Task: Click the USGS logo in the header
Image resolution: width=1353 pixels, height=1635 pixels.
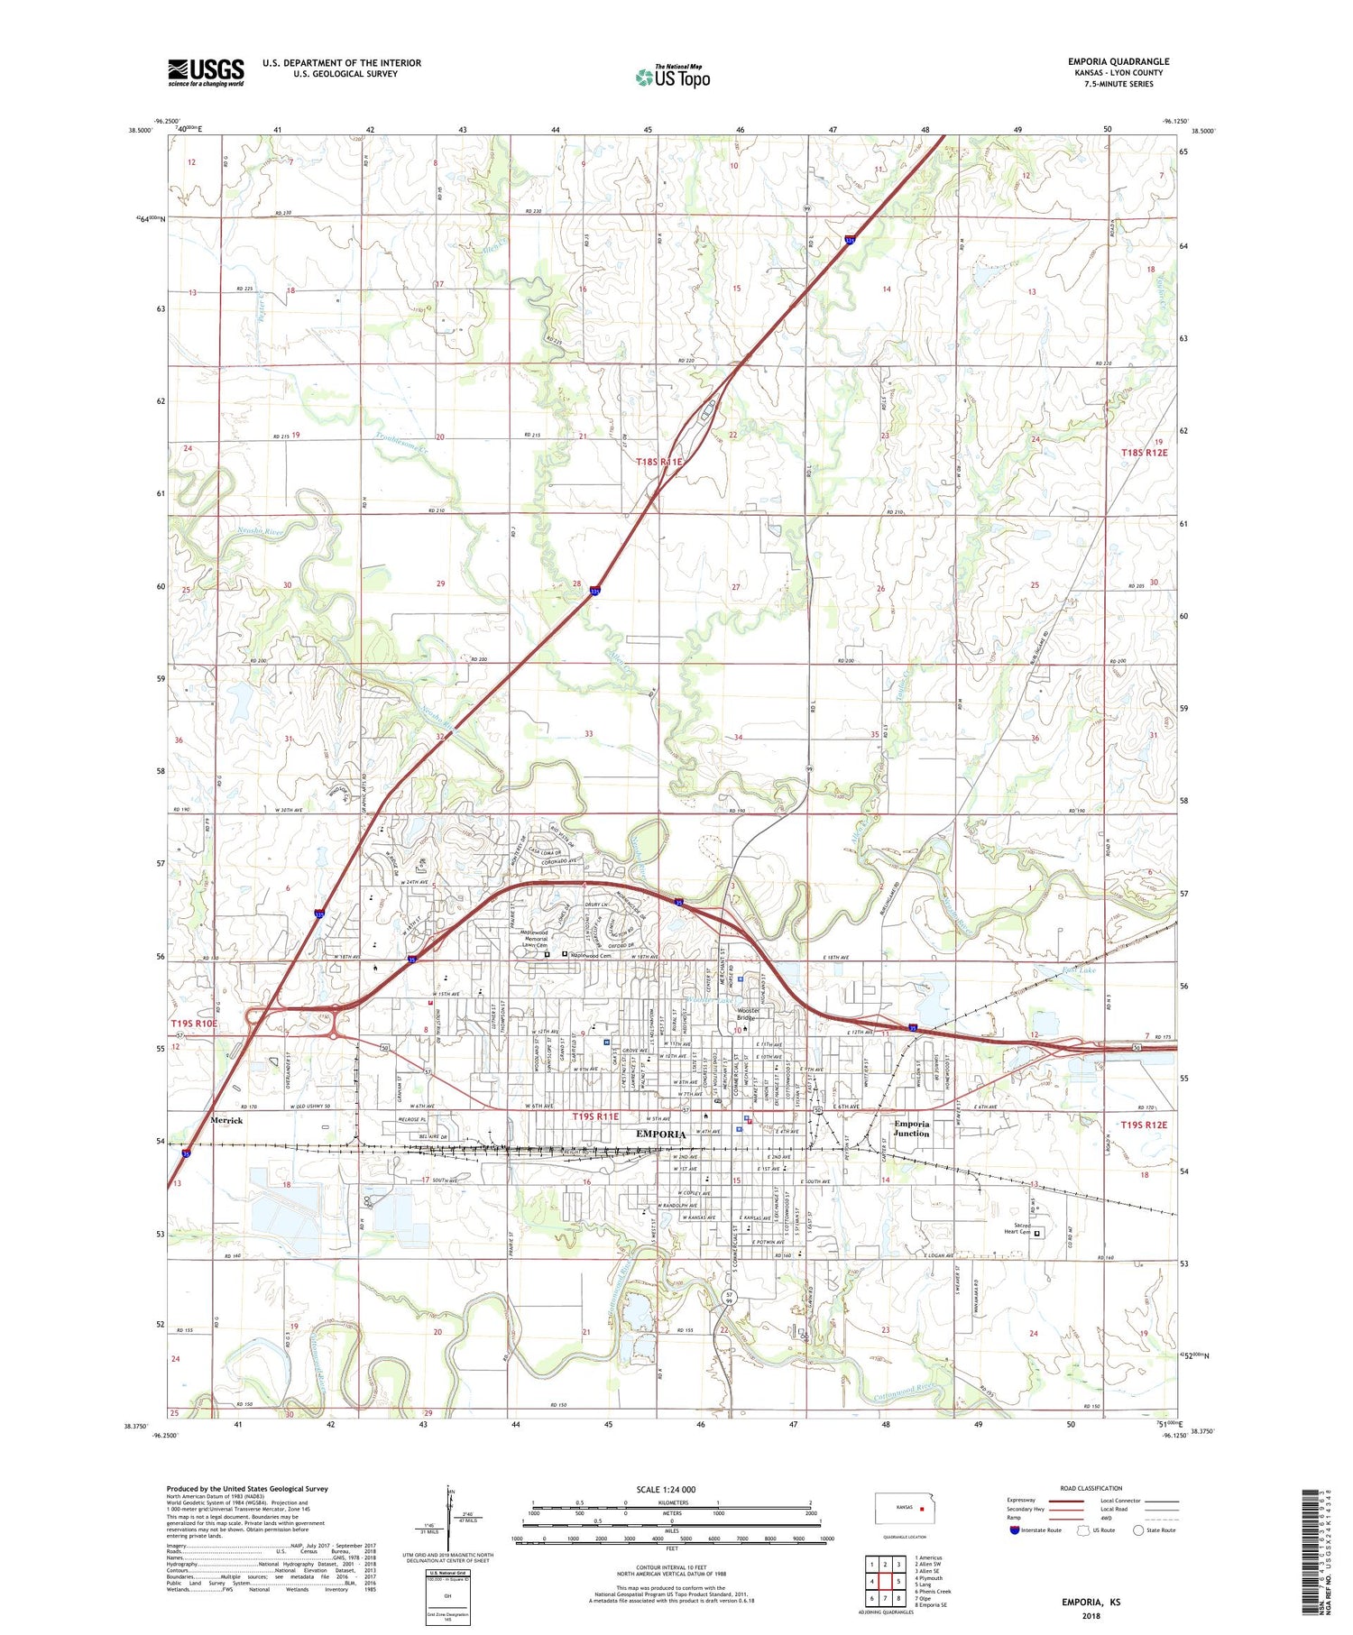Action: (x=206, y=72)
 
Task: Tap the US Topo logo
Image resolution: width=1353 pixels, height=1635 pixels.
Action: (x=673, y=78)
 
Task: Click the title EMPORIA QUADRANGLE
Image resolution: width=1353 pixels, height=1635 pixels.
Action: (x=1118, y=62)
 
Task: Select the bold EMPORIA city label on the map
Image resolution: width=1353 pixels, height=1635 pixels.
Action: (x=661, y=1134)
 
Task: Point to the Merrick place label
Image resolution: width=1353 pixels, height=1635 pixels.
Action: (x=226, y=1120)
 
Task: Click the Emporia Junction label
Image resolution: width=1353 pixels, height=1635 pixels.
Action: (x=911, y=1129)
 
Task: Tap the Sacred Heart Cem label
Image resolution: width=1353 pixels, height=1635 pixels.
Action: (x=1017, y=1230)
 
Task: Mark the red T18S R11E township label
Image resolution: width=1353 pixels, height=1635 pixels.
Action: (x=659, y=462)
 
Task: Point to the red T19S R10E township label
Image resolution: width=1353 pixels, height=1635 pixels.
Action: (x=194, y=1024)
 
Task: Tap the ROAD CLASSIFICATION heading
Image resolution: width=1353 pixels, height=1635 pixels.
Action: (x=1091, y=1488)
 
